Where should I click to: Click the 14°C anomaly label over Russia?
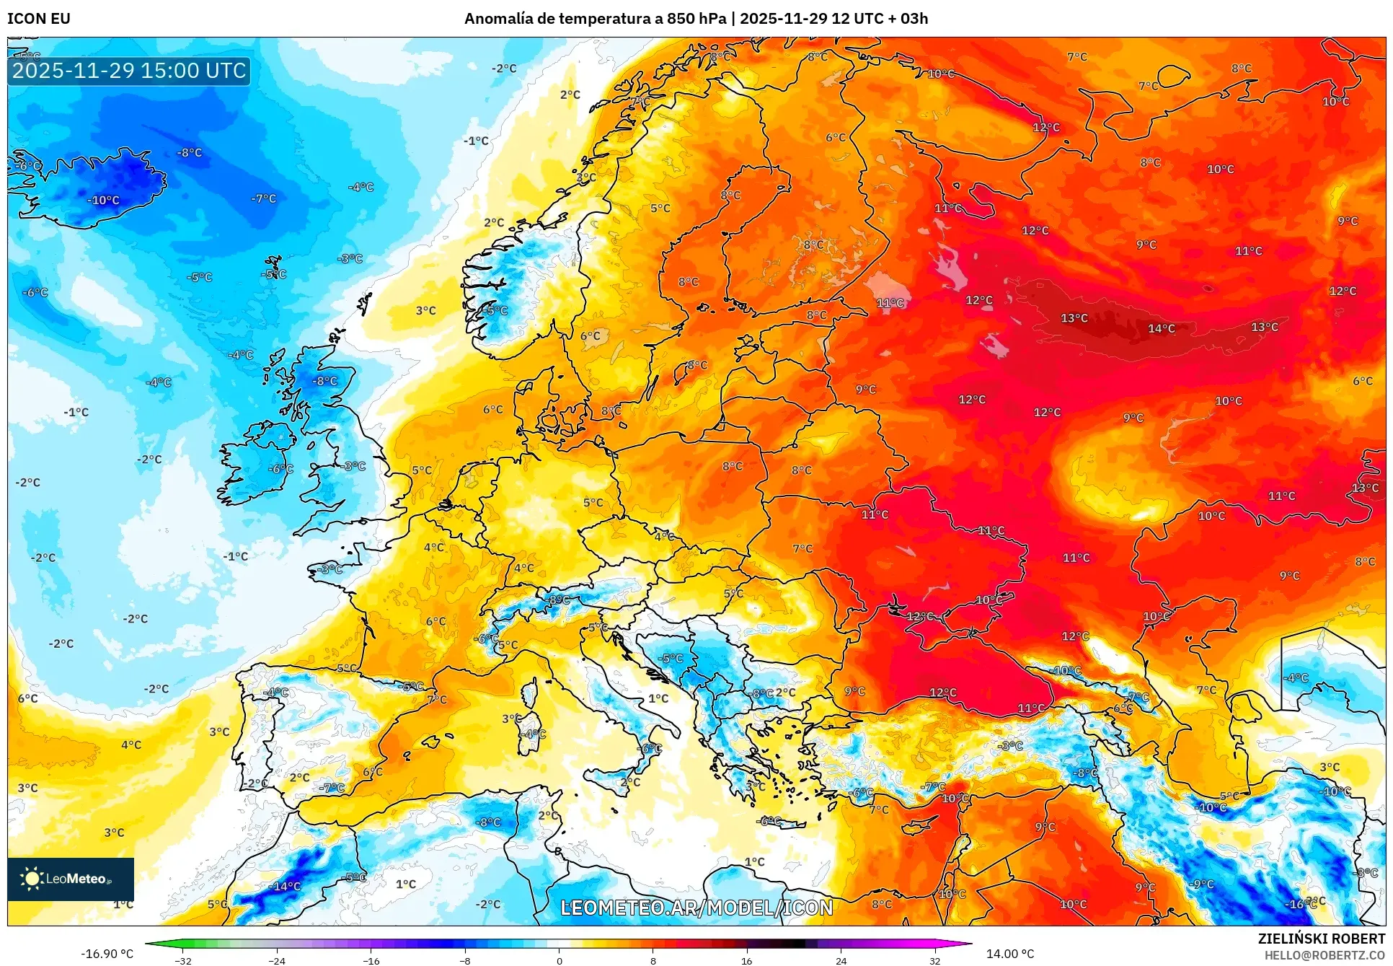[1161, 329]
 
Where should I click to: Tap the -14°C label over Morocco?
[285, 887]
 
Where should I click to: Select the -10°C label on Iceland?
[103, 201]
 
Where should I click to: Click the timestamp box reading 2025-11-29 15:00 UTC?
[129, 71]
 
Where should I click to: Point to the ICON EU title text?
[39, 19]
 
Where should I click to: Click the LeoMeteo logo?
[70, 879]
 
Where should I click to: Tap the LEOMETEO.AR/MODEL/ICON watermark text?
[696, 908]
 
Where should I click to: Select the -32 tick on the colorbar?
[183, 960]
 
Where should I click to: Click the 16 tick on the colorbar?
[746, 960]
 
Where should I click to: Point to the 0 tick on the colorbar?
[559, 960]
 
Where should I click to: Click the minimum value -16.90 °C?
[107, 954]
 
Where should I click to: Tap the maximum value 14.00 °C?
[1009, 954]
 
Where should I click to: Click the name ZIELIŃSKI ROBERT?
[1321, 939]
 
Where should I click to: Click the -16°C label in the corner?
[1298, 904]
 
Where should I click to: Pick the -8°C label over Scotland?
[324, 381]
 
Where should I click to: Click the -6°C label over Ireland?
[281, 469]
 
